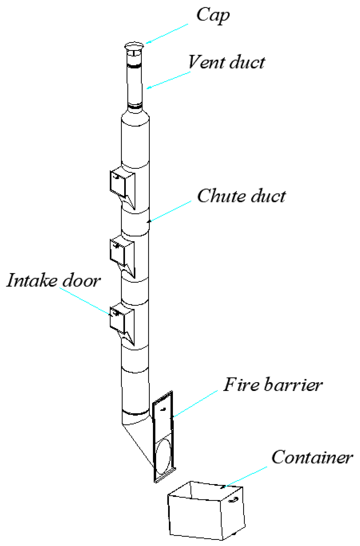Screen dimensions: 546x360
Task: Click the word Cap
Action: [213, 15]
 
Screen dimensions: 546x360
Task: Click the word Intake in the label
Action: [32, 280]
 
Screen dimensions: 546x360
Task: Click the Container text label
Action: [312, 457]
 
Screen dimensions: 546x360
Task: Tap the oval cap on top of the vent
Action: [134, 46]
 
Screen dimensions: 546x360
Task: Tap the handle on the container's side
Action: [233, 499]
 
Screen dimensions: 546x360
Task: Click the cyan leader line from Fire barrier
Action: [196, 403]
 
